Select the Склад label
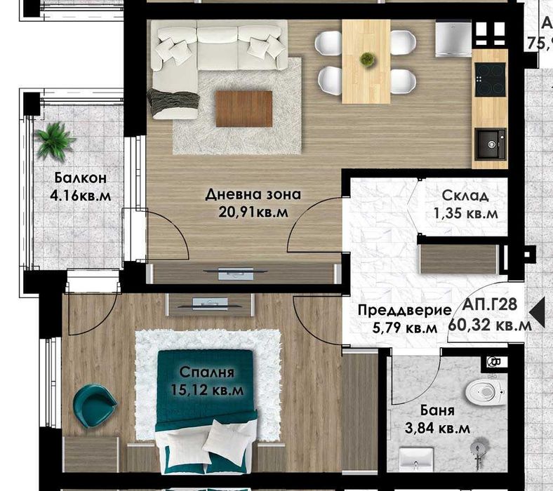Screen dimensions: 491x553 click(465, 196)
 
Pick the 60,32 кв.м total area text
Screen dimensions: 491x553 click(494, 325)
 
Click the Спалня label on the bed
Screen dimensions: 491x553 click(206, 372)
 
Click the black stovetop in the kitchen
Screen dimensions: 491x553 click(490, 79)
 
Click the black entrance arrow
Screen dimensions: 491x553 click(538, 311)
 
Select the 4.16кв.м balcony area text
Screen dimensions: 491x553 click(80, 195)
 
